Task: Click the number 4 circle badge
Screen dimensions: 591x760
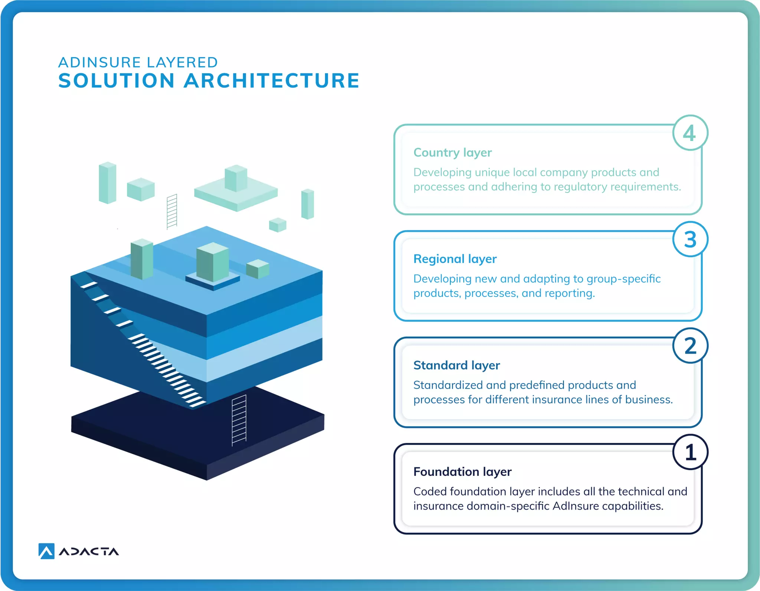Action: pyautogui.click(x=690, y=133)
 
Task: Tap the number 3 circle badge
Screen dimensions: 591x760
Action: pyautogui.click(x=690, y=239)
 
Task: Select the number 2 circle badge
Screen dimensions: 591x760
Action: pyautogui.click(x=690, y=346)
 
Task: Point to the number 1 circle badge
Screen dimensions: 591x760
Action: pyautogui.click(x=690, y=452)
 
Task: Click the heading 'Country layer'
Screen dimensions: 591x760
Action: pyautogui.click(x=452, y=153)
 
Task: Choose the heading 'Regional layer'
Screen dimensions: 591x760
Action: pyautogui.click(x=455, y=259)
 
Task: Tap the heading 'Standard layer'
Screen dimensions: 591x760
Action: pyautogui.click(x=456, y=365)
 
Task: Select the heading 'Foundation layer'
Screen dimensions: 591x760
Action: pyautogui.click(x=462, y=472)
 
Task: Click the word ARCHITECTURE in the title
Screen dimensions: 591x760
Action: pyautogui.click(x=272, y=81)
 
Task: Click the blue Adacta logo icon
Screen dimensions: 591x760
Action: pyautogui.click(x=46, y=551)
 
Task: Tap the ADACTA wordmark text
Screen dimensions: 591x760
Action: pyautogui.click(x=89, y=552)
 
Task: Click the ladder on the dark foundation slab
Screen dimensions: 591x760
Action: pyautogui.click(x=239, y=419)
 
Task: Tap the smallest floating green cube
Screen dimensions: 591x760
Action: pyautogui.click(x=278, y=225)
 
